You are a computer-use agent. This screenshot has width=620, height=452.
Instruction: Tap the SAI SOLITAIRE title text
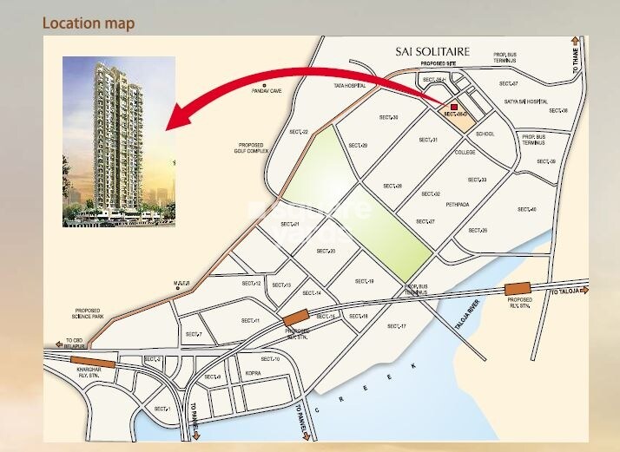432,52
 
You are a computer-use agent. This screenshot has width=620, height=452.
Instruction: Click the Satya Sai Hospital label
526,102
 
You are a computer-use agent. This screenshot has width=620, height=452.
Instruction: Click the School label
485,134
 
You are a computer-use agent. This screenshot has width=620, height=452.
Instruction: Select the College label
465,152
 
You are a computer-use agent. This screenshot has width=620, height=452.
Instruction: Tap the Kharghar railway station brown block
93,363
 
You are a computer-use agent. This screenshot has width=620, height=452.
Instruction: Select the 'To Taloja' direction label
566,295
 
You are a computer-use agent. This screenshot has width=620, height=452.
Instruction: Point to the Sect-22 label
299,131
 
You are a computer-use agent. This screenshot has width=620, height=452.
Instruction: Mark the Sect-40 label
527,209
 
